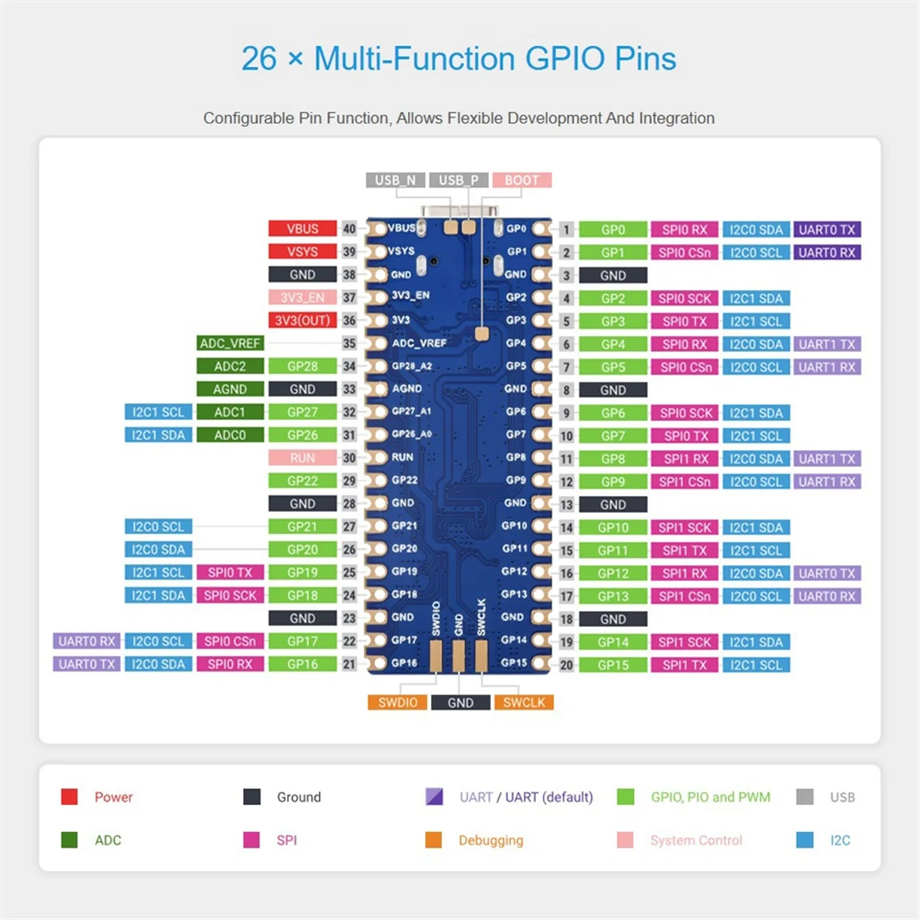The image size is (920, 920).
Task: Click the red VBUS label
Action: click(302, 228)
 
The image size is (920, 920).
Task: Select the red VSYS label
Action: click(302, 251)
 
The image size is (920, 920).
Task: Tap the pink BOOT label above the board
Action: click(521, 180)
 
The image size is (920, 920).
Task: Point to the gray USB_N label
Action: click(395, 180)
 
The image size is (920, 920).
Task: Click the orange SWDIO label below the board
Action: click(397, 702)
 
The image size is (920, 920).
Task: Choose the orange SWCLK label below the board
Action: click(524, 702)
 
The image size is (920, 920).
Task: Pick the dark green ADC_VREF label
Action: click(230, 343)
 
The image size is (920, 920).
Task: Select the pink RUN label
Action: click(302, 458)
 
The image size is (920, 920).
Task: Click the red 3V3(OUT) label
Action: click(302, 320)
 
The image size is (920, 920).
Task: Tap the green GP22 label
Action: click(302, 481)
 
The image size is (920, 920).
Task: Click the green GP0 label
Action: click(613, 229)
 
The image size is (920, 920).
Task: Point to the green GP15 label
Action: click(613, 665)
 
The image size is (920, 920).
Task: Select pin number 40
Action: click(350, 228)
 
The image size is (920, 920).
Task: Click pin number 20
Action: click(567, 665)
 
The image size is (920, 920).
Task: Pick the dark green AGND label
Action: click(230, 389)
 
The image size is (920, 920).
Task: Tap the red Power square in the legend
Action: click(69, 797)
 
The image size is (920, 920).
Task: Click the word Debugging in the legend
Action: click(491, 840)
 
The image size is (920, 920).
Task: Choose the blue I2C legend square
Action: click(805, 840)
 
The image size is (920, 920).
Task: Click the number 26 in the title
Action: click(259, 59)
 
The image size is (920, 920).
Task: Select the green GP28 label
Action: click(302, 366)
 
